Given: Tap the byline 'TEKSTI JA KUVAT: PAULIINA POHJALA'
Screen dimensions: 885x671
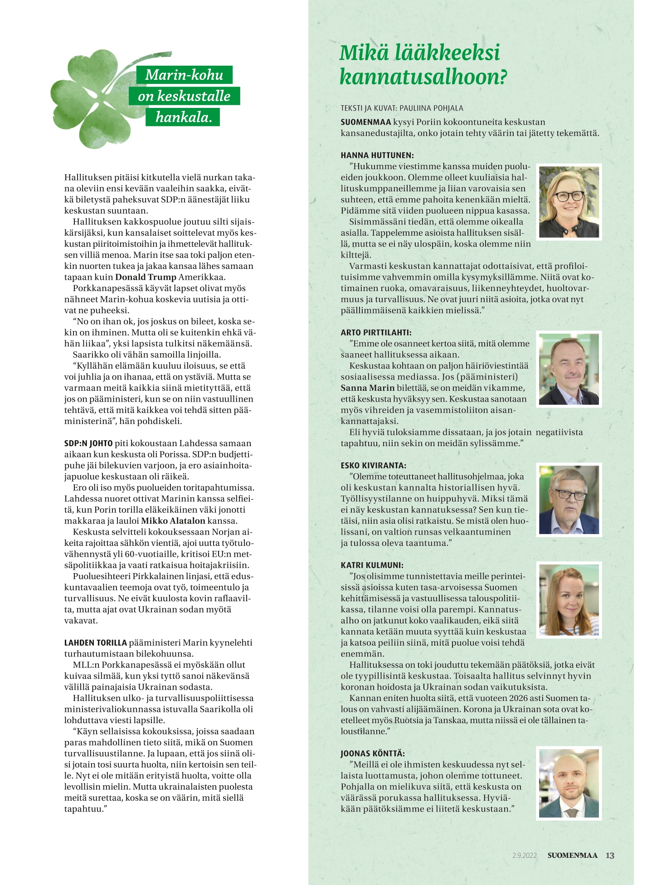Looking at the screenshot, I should point(402,108).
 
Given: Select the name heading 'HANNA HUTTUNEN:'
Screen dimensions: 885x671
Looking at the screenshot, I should point(377,155).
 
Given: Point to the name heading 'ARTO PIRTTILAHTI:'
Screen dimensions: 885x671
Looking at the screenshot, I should point(376,332).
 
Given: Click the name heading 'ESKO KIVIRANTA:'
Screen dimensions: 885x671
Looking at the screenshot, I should point(373,466).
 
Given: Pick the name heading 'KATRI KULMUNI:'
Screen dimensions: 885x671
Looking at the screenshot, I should point(372,565).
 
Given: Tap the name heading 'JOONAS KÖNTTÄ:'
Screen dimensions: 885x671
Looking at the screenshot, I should point(373,754).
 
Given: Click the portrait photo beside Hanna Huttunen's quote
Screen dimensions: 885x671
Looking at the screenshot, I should point(569,202).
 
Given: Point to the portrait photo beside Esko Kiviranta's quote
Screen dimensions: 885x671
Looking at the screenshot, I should point(569,500).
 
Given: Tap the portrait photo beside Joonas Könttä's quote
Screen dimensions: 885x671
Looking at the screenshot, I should point(569,783).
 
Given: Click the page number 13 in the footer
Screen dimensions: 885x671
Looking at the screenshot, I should point(610,856).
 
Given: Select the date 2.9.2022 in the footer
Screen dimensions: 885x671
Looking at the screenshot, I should point(525,856).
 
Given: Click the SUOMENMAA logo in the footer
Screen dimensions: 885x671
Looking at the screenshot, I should point(572,856).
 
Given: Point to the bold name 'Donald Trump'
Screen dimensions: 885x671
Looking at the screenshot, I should point(146,277).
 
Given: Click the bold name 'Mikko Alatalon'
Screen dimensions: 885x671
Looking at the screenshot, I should point(173,521).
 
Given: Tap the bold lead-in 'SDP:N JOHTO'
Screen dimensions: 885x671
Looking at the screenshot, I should point(88,443).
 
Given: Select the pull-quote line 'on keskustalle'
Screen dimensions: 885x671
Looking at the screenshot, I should point(184,96).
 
